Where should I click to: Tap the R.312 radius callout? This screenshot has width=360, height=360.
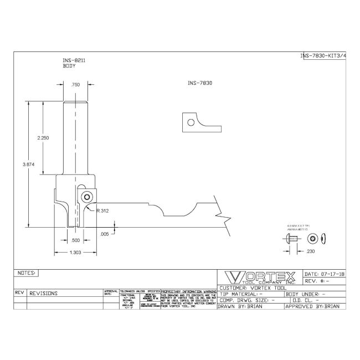102,210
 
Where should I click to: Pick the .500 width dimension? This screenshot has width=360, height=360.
75,240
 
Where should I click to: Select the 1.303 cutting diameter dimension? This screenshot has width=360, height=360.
76,253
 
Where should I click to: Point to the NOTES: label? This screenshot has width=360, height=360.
27,273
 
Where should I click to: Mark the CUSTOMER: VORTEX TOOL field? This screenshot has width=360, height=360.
250,287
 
